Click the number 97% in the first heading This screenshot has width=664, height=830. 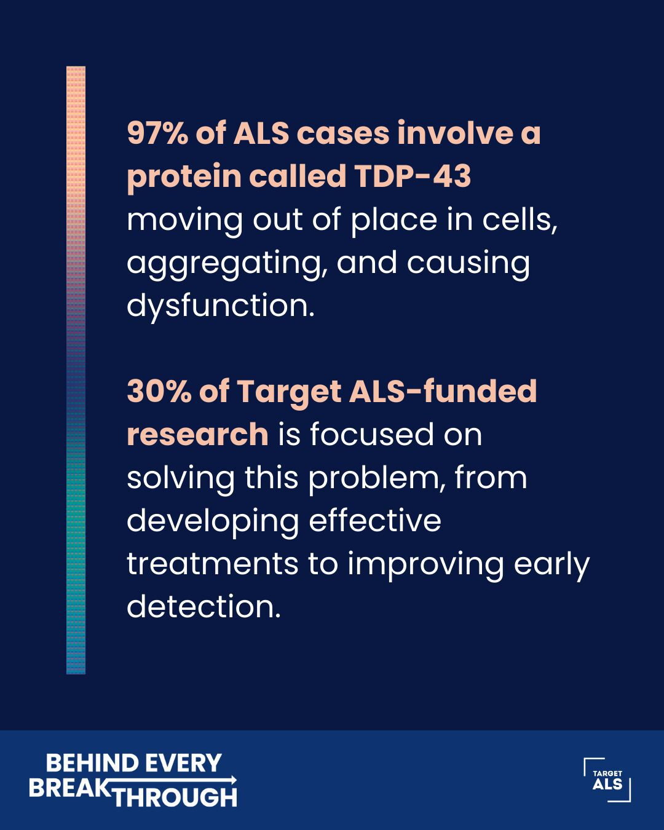coord(157,133)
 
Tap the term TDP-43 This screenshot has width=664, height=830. coord(412,176)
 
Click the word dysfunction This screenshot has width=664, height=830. coord(221,306)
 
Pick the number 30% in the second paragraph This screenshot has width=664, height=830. coord(159,392)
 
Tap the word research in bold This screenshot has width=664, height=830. coord(197,435)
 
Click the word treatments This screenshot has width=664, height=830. coord(213,564)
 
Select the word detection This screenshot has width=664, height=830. coord(204,607)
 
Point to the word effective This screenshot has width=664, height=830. coord(374,520)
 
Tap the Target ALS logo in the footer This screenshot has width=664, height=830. coord(607,780)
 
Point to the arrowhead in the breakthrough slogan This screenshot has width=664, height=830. coord(233,780)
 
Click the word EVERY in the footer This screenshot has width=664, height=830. coord(183,763)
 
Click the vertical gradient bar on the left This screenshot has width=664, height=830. coord(76,370)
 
